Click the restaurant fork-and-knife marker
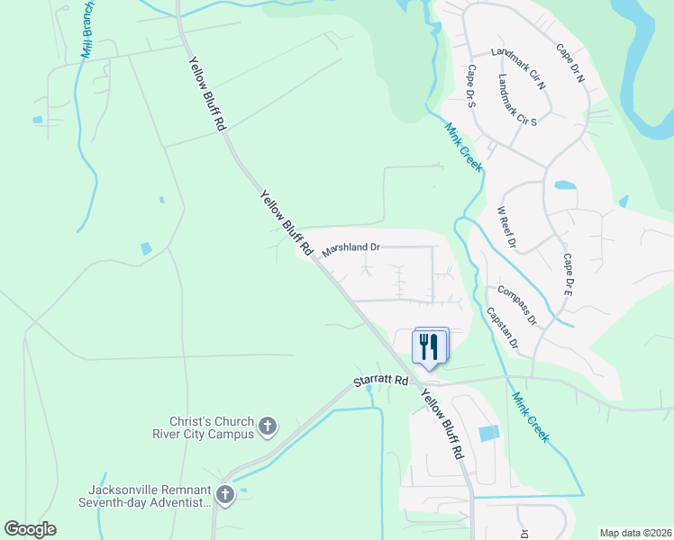430,346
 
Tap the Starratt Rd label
376,382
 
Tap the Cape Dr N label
570,64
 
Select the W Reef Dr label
506,228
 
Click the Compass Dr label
516,306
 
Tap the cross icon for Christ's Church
267,426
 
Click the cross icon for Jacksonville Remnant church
225,494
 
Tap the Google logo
31,529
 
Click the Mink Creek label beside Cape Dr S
463,148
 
